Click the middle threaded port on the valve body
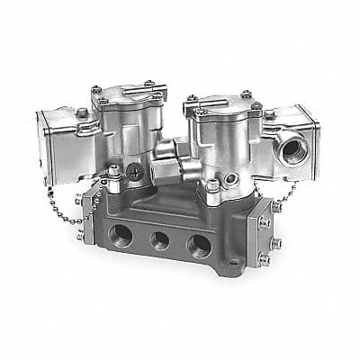pos(160,242)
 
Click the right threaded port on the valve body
pos(197,244)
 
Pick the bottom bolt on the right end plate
pos(264,261)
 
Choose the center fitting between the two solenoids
pos(172,163)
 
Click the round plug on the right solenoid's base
pos(211,187)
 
